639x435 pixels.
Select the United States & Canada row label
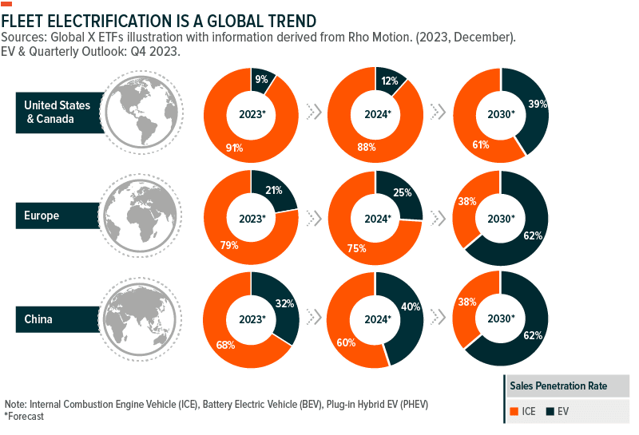point(58,112)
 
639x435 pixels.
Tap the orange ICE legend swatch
point(514,411)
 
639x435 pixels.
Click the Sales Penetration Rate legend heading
point(558,386)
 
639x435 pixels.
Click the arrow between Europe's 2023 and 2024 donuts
point(314,217)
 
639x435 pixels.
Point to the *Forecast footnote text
point(24,416)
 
